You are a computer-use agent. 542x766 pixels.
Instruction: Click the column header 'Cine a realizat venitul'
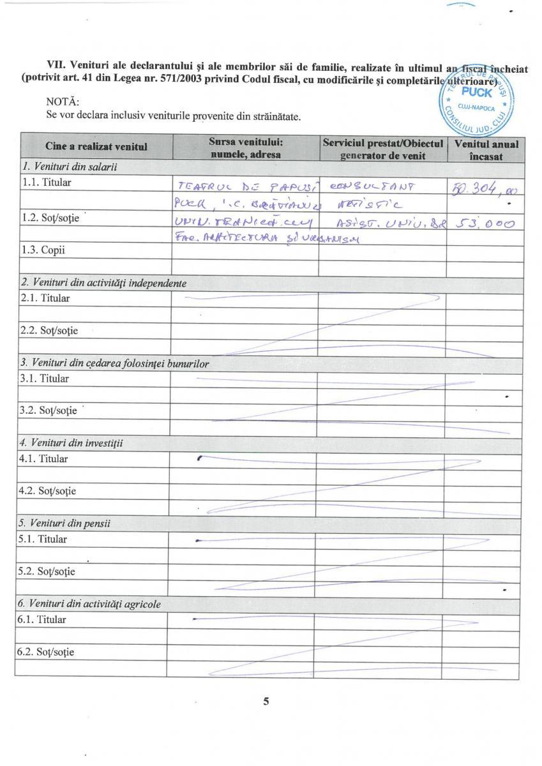click(96, 147)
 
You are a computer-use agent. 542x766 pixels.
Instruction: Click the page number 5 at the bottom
click(266, 701)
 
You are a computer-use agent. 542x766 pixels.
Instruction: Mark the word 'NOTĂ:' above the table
click(63, 102)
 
